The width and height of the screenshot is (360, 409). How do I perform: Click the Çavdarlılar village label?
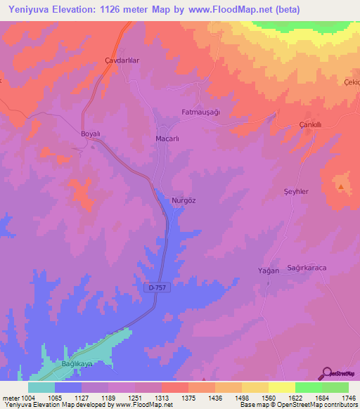click(122, 60)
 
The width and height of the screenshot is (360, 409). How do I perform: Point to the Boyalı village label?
click(91, 133)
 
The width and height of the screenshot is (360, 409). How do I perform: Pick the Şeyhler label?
click(295, 192)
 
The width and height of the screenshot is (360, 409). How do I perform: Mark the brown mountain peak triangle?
click(341, 187)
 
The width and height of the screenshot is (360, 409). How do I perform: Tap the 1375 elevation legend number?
click(188, 397)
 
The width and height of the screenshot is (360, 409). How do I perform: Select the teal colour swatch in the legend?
click(41, 387)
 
